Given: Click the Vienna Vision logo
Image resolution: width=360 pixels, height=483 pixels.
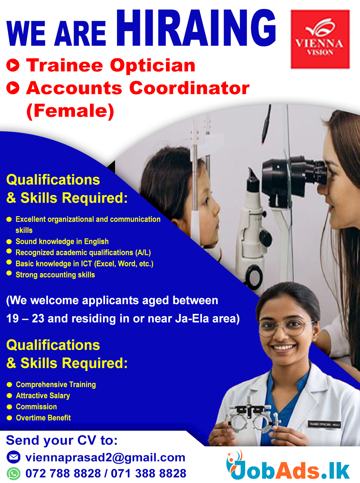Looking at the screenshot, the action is [x=320, y=39].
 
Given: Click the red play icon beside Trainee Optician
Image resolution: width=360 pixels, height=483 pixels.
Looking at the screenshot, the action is [x=13, y=65].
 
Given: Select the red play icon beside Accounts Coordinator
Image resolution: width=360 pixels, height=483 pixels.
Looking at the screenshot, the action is [x=13, y=88].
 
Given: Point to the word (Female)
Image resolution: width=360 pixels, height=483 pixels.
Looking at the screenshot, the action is [x=70, y=111].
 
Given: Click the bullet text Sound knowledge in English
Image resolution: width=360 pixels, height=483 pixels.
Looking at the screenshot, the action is [x=62, y=241].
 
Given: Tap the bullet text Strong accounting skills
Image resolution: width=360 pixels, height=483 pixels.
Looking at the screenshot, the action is [x=55, y=274].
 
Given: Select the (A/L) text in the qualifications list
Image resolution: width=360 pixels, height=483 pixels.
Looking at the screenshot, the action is [x=143, y=252].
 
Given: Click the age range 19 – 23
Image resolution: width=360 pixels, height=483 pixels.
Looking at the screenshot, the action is [x=25, y=318].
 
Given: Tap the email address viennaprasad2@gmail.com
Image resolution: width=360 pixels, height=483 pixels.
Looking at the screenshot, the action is [x=105, y=457].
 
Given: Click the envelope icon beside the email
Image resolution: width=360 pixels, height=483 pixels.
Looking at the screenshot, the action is [x=14, y=457].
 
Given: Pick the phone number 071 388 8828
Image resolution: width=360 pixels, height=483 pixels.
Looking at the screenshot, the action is [x=149, y=473].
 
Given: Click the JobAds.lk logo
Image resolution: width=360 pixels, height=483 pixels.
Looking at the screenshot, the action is [x=288, y=465].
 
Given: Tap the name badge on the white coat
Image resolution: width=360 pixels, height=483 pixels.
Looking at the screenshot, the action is [x=324, y=424].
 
